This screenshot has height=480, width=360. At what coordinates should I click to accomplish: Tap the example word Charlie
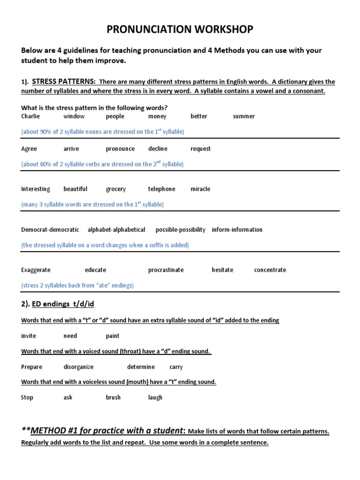click(x=30, y=116)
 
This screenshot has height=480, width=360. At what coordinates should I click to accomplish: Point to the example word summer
click(x=244, y=116)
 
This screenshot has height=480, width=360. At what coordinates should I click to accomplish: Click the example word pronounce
click(x=120, y=149)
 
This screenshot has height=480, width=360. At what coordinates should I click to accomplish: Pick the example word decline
click(x=158, y=149)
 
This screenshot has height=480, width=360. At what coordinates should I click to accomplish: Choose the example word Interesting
click(x=36, y=189)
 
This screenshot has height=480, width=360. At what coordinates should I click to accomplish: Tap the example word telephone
click(x=162, y=189)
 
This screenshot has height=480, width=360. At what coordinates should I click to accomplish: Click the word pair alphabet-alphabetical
click(x=116, y=230)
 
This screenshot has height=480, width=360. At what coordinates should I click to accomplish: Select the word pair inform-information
click(x=237, y=230)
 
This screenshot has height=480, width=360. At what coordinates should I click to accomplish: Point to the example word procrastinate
click(x=166, y=270)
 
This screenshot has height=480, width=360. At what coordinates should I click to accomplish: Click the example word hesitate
click(x=222, y=270)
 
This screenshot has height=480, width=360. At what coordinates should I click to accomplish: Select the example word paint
click(x=112, y=336)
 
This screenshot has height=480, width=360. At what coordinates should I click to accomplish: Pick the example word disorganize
click(x=79, y=367)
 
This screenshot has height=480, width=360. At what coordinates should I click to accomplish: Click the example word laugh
click(x=155, y=397)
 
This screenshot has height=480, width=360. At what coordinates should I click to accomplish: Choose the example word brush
click(x=113, y=397)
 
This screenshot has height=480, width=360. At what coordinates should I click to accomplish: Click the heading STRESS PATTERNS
click(x=64, y=82)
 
